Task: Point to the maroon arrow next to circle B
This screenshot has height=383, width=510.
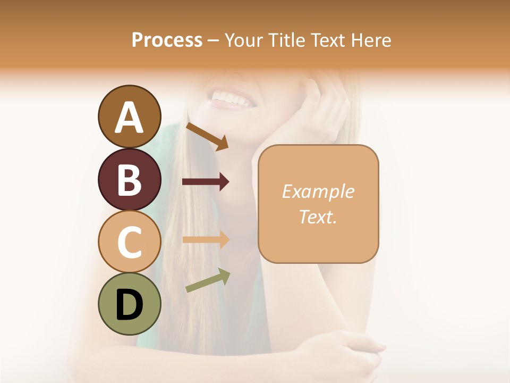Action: click(206, 182)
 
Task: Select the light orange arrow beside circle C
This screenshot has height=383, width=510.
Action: click(206, 239)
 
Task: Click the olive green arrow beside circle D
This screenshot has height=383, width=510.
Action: click(208, 280)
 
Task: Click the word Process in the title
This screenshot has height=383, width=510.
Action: click(167, 40)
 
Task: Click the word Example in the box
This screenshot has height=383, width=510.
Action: click(318, 191)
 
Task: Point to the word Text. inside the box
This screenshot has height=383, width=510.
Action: click(318, 217)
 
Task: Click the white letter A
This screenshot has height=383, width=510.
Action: click(129, 118)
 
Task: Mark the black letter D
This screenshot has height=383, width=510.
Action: click(129, 305)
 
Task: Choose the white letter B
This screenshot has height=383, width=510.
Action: click(129, 180)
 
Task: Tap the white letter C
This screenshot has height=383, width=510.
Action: click(129, 242)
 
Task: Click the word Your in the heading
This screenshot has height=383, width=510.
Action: click(244, 40)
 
